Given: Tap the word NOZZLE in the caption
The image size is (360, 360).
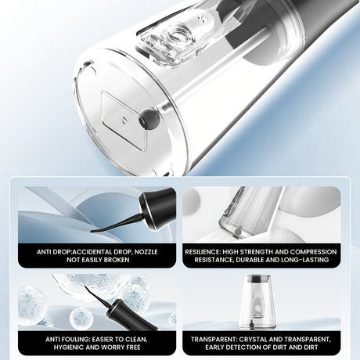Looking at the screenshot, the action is click(146, 252).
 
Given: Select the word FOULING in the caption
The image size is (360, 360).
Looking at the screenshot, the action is click(75, 340).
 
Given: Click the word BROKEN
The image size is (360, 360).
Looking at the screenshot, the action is click(117, 260).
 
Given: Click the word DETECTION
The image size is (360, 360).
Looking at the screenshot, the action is click(243, 347).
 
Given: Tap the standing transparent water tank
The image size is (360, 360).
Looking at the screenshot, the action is click(257, 302).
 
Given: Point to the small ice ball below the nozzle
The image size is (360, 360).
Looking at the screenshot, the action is click(81, 318).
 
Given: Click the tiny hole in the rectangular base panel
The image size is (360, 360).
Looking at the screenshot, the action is click(124, 121).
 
